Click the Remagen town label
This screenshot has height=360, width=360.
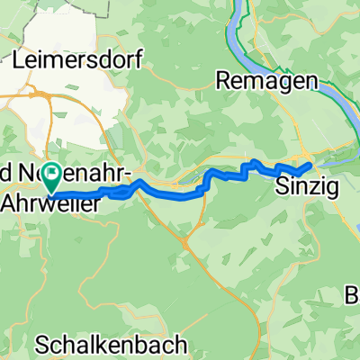pyautogui.click(x=267, y=81)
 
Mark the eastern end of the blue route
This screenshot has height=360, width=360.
pyautogui.click(x=310, y=166)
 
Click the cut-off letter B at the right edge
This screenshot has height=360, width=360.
pyautogui.click(x=354, y=294)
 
